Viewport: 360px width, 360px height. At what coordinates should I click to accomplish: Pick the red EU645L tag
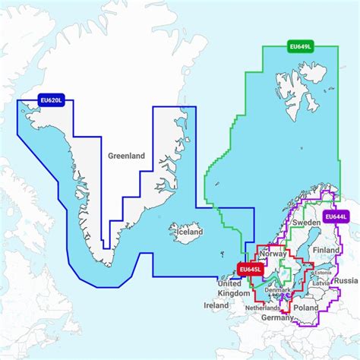pyautogui.click(x=251, y=269)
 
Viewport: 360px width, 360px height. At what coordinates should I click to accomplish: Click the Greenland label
pyautogui.click(x=126, y=156)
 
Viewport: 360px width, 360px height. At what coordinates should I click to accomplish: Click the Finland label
pyautogui.click(x=326, y=249)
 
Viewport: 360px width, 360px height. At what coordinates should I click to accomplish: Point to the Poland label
pyautogui.click(x=308, y=309)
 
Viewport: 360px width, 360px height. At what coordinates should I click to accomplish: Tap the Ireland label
pyautogui.click(x=216, y=305)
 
